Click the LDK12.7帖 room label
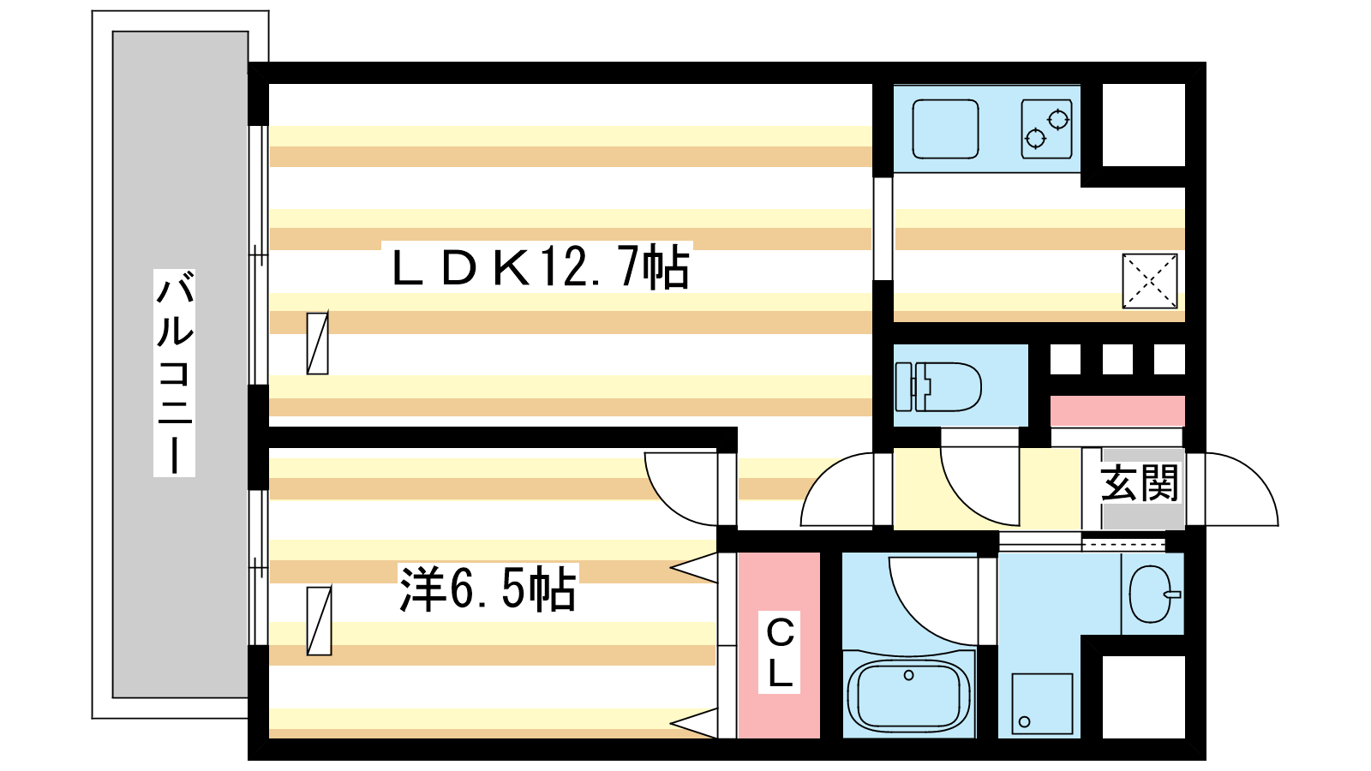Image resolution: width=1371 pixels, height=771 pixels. [540, 267]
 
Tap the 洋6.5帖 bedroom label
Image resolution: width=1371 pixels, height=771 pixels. [487, 589]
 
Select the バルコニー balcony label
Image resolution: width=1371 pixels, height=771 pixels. [174, 373]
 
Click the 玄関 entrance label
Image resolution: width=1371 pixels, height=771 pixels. [1140, 484]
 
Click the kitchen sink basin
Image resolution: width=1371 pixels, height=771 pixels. [945, 129]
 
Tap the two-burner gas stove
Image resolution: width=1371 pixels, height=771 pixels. [1046, 129]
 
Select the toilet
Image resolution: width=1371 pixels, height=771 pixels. [937, 386]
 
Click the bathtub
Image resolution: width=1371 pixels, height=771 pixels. [908, 694]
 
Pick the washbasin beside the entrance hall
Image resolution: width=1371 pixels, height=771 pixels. [1152, 594]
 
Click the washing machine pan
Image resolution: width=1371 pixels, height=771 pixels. [1042, 703]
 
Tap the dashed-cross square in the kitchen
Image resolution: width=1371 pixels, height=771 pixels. [1149, 280]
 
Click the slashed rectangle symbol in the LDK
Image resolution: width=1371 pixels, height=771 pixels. [317, 343]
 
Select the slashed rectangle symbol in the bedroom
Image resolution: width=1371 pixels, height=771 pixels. [319, 620]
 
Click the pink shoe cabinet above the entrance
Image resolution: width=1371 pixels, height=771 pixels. [1117, 411]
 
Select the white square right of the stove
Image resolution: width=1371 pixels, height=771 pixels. [1143, 125]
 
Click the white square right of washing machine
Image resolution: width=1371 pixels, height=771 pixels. [1143, 696]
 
